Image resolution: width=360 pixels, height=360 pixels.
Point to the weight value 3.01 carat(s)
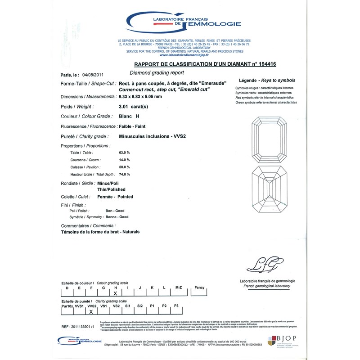133,107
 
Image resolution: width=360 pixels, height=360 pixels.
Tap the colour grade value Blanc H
129,117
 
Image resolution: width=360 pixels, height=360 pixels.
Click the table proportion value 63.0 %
124,153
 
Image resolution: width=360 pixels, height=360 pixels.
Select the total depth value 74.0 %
124,174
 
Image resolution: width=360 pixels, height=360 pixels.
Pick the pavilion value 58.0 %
124,167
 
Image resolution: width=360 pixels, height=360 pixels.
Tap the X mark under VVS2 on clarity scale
91,311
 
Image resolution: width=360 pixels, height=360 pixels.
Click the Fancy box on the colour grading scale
199,288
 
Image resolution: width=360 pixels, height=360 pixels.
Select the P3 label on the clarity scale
176,306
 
